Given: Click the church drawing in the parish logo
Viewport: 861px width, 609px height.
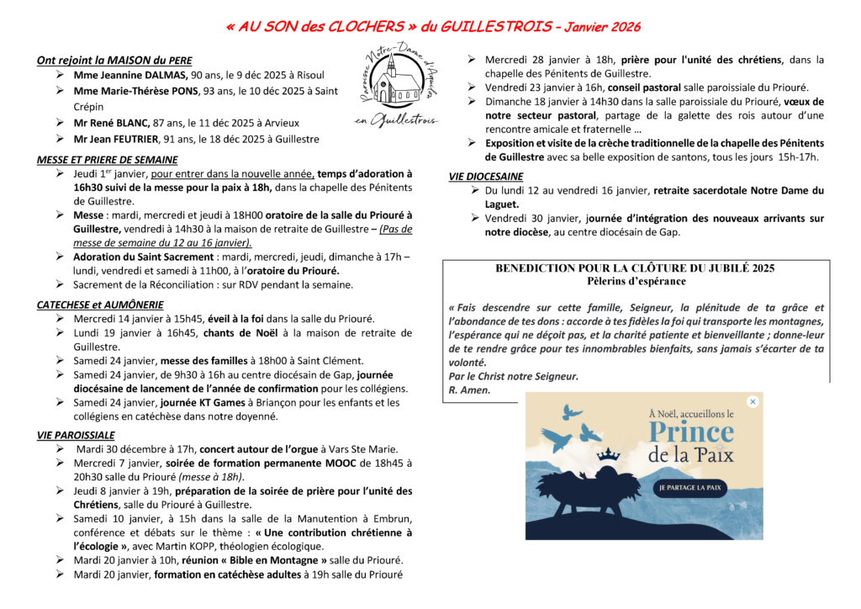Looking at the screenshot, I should [395, 85].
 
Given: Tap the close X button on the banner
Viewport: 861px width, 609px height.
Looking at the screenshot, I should [753, 402].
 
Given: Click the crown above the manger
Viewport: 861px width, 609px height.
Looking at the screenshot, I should [608, 455].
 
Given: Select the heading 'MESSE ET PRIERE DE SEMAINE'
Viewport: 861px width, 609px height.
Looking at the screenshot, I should [107, 159].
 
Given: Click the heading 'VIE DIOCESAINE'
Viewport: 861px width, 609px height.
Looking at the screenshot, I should [486, 177].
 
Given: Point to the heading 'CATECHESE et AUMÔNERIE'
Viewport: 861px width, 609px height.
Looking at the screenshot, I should [100, 304].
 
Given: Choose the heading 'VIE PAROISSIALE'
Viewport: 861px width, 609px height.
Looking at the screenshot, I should [76, 435].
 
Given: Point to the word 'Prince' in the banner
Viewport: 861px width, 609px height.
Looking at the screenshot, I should [691, 433].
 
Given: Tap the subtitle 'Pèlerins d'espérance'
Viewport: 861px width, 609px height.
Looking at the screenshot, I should [635, 281].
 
